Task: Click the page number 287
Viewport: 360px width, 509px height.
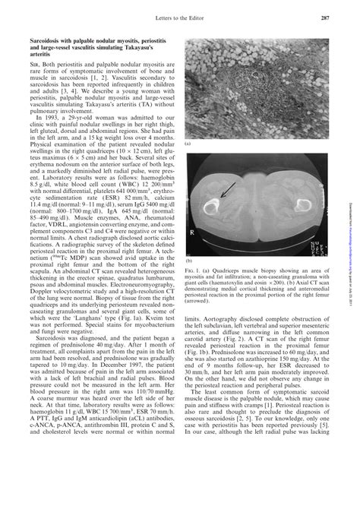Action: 324,21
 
